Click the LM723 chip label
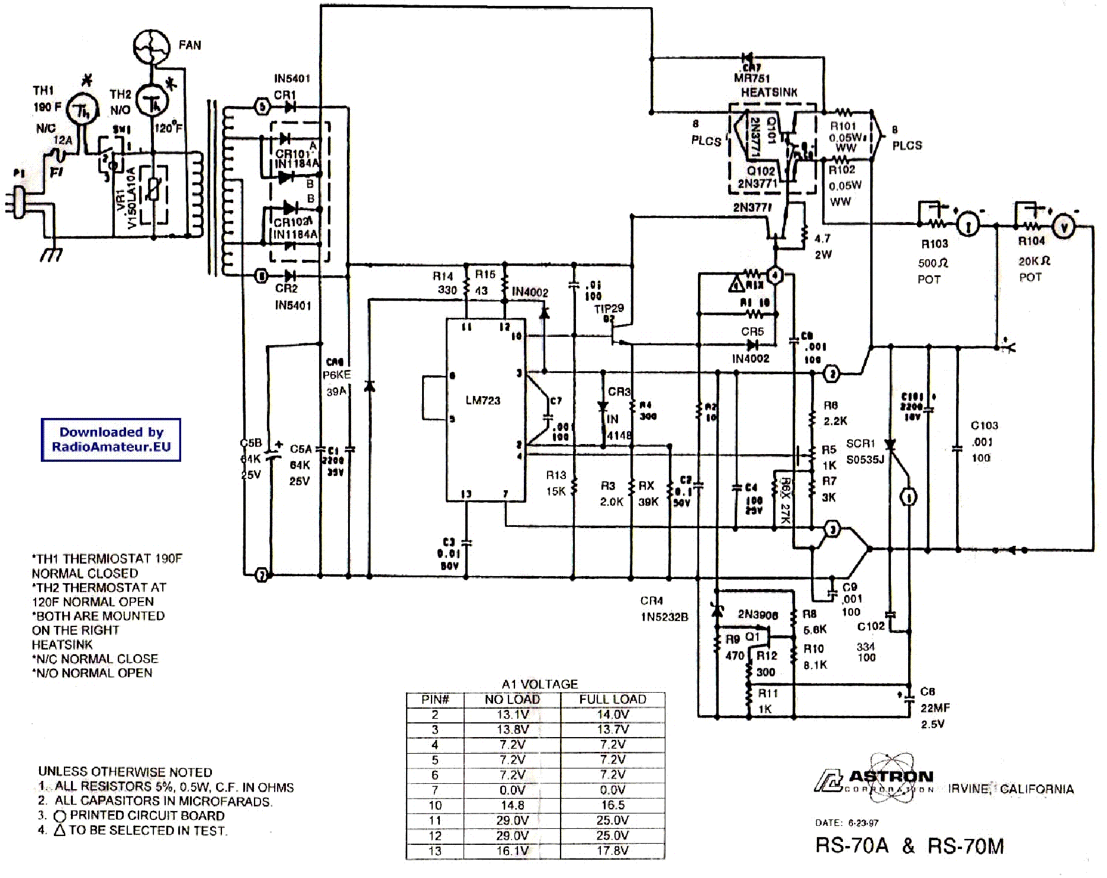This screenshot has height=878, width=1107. [482, 401]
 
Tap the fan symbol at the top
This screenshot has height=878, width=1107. [152, 47]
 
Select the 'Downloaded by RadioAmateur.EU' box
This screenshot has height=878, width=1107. [111, 440]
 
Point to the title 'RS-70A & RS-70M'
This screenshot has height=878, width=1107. [909, 846]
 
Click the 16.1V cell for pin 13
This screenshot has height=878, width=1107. [512, 851]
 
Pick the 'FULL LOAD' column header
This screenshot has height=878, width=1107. [613, 699]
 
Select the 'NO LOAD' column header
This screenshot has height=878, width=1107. [512, 699]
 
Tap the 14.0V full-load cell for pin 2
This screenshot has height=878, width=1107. [613, 715]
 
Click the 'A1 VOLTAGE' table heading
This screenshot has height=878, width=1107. [539, 684]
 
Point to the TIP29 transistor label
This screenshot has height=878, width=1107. [609, 308]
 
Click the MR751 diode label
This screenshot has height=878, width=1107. [752, 78]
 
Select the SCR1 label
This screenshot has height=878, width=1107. [860, 443]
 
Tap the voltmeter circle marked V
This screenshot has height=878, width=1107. [1064, 227]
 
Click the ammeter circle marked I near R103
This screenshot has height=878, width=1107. [968, 226]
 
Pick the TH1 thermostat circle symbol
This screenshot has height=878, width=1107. [79, 109]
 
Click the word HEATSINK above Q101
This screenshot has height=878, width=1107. [769, 92]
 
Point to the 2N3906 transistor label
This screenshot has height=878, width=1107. [758, 615]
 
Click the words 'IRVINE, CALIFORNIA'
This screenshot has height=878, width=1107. [1011, 789]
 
